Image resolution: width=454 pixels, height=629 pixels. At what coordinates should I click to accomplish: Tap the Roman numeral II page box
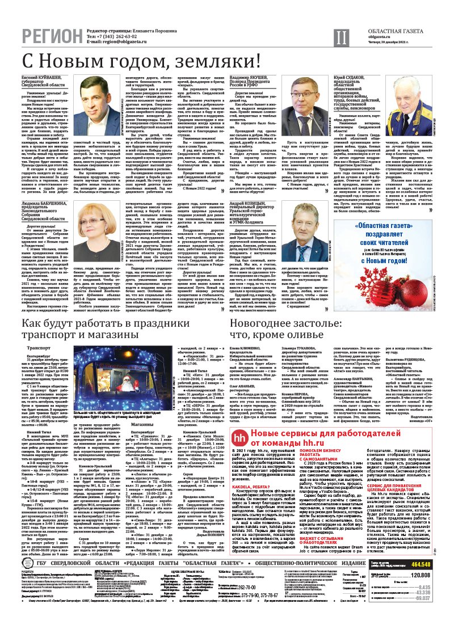[339, 37]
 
